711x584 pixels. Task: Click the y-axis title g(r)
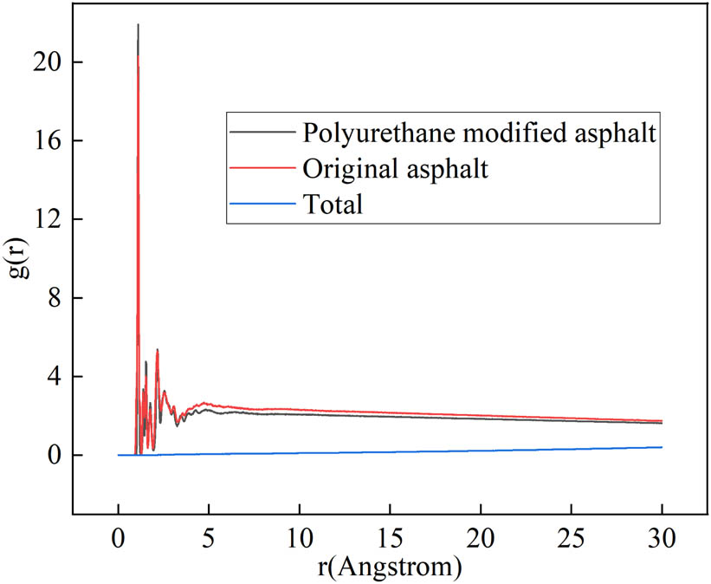point(23,260)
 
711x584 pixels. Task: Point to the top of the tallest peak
point(138,24)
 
